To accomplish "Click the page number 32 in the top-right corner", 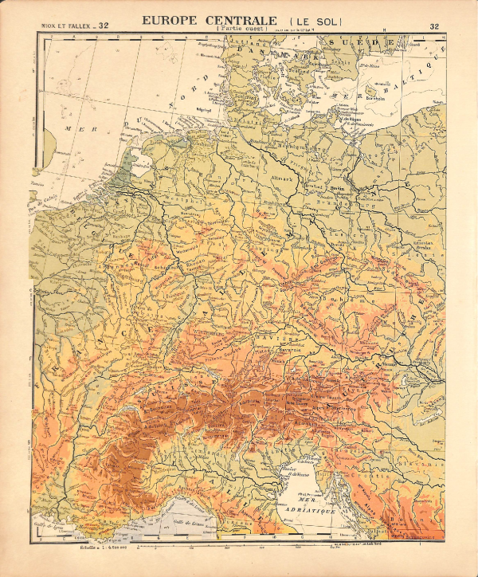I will (434, 26).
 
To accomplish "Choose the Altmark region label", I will (283, 179).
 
